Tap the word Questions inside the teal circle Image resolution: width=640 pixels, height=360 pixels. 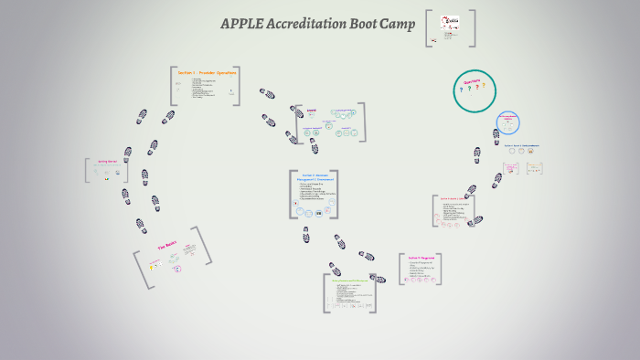tap(473, 80)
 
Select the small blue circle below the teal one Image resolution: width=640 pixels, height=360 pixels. tap(507, 123)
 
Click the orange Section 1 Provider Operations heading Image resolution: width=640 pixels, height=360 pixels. tap(206, 72)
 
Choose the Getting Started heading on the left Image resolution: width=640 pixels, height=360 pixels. tap(107, 161)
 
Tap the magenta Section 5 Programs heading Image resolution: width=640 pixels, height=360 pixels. tap(421, 259)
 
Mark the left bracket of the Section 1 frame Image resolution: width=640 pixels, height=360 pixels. tap(172, 86)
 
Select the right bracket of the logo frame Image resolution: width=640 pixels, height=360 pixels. tap(474, 27)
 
